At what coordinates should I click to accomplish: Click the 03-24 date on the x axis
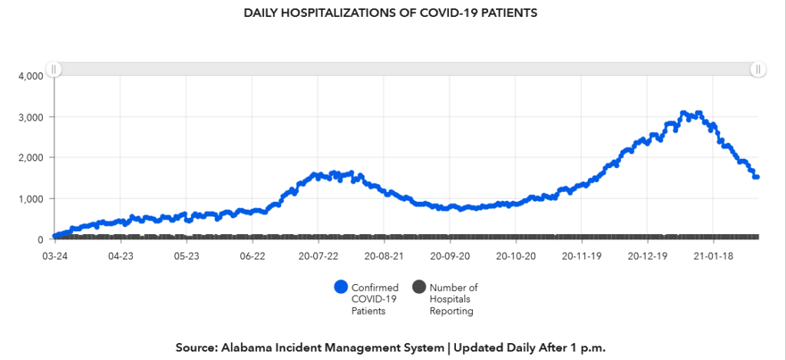point(54,255)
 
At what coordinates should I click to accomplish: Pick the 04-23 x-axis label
point(121,255)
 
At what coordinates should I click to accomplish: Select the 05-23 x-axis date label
point(187,255)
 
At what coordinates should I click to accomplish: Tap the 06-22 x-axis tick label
point(253,255)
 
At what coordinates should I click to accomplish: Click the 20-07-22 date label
point(319,255)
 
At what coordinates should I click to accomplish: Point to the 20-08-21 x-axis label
point(385,255)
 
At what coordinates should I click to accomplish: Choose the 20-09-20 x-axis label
point(451,255)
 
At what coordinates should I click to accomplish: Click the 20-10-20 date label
point(516,255)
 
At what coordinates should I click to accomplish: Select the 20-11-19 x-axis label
point(582,255)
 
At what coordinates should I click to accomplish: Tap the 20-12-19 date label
point(648,255)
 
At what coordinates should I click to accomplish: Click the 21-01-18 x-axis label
point(714,255)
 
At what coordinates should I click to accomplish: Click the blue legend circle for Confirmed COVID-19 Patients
point(341,287)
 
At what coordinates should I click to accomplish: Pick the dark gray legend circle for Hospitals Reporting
point(418,287)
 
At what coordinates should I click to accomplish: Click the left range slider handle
point(54,69)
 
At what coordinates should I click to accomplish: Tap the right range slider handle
point(758,69)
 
